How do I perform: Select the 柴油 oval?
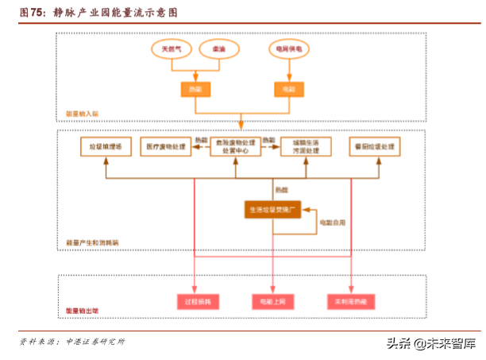click(218, 49)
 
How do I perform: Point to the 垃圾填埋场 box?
click(105, 146)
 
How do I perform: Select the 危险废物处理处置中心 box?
click(236, 146)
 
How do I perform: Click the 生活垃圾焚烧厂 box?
click(272, 210)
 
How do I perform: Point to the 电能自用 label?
click(332, 223)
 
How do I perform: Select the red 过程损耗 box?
click(195, 301)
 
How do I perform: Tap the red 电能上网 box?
click(272, 301)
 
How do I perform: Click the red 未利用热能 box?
click(350, 301)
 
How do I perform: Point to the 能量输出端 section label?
click(82, 311)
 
